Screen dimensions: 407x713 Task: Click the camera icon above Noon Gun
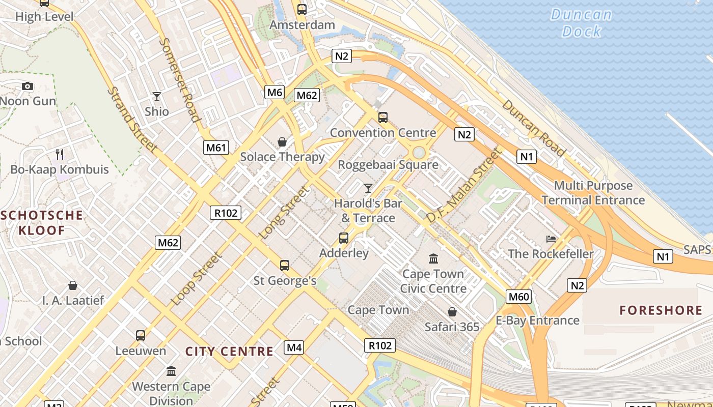point(28,86)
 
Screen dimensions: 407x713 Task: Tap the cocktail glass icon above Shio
point(156,96)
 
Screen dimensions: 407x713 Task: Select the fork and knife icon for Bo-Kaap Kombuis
point(60,154)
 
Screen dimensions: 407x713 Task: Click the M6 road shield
point(275,92)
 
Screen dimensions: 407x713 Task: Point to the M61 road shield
point(215,148)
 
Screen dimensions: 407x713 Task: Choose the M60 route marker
point(519,297)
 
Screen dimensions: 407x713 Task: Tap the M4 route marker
point(294,347)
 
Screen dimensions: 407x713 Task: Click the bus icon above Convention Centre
point(382,118)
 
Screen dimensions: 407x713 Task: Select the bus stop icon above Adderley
point(344,238)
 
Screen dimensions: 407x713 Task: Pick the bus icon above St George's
point(284,265)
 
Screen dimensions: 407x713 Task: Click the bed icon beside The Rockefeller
point(551,239)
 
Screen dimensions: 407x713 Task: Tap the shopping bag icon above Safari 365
point(452,311)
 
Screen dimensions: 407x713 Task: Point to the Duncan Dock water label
point(581,23)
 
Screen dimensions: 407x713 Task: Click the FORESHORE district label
point(661,310)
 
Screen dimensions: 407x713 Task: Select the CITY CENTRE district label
point(229,351)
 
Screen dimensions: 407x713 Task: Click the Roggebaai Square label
point(388,165)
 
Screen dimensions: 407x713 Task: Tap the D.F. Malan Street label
point(463,186)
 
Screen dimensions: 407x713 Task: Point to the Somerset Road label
point(179,80)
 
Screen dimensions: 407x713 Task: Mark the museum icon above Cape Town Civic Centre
point(433,259)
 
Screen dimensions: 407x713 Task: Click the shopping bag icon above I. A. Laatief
point(73,285)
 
